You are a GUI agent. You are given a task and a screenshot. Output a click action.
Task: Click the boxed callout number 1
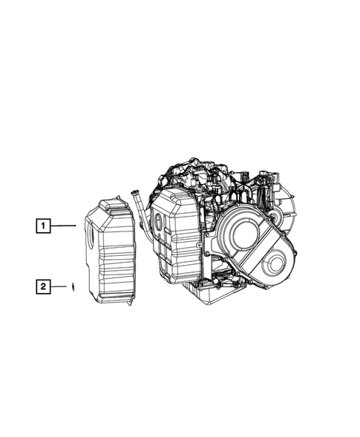pyautogui.click(x=43, y=226)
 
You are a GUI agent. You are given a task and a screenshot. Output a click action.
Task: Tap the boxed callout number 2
pyautogui.click(x=43, y=286)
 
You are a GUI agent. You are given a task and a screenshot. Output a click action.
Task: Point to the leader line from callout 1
pyautogui.click(x=63, y=226)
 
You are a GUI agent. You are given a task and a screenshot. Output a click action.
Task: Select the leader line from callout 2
pyautogui.click(x=59, y=286)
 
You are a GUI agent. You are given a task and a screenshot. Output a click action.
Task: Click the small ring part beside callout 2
pyautogui.click(x=73, y=286)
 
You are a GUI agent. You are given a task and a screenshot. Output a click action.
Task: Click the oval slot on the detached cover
pyautogui.click(x=91, y=236)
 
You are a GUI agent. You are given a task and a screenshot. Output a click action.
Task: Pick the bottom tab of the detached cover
pyautogui.click(x=130, y=301)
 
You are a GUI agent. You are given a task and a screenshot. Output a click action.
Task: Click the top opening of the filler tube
pyautogui.click(x=134, y=191)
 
